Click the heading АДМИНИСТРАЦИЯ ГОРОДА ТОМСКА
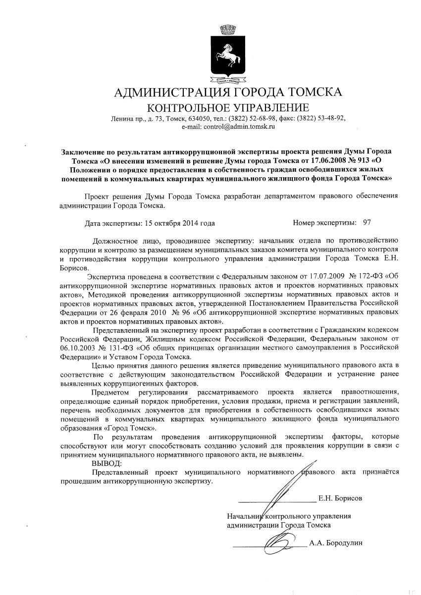(x=228, y=93)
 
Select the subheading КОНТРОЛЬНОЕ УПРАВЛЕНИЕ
(x=228, y=107)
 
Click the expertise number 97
(x=367, y=223)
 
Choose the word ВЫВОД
(x=106, y=463)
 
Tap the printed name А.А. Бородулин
(x=335, y=543)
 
